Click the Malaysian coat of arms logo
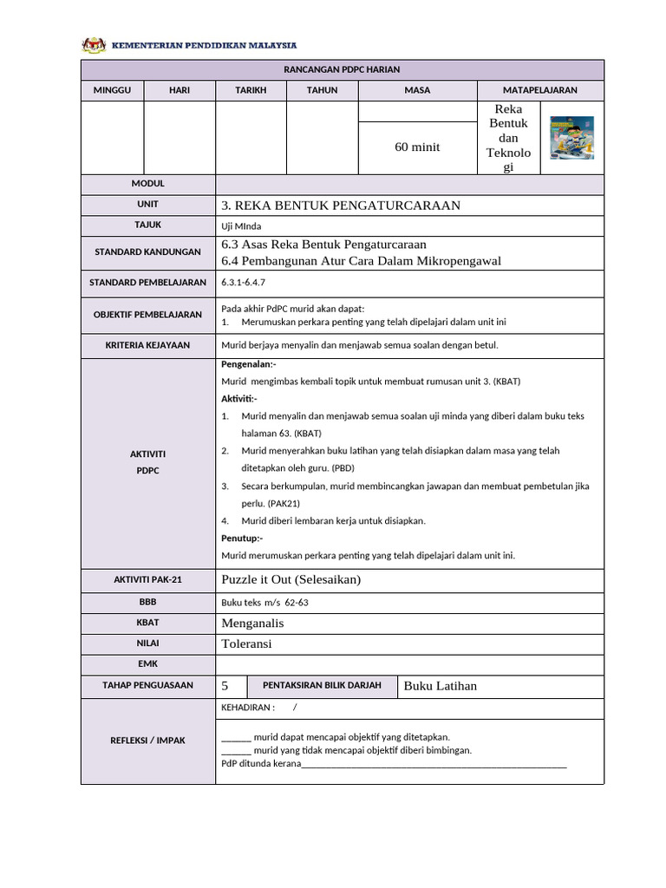tap(93, 45)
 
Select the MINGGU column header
tap(113, 90)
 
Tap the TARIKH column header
tap(251, 90)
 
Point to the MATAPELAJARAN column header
tap(539, 90)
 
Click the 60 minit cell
tap(417, 147)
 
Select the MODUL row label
tap(147, 184)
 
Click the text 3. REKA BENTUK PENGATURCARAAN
tap(341, 206)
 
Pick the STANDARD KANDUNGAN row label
tap(147, 252)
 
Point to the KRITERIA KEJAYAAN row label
tap(147, 345)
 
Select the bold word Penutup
tap(242, 539)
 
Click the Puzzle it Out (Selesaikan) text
tap(291, 579)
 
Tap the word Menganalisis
tap(253, 623)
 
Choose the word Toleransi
tap(248, 643)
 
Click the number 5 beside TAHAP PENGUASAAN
tap(225, 686)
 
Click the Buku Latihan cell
tap(441, 686)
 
